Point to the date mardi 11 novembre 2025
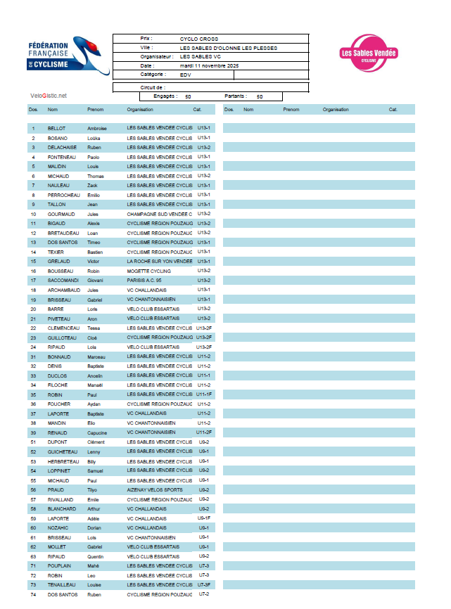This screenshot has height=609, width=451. pos(209,65)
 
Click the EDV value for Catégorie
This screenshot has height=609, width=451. pos(186,75)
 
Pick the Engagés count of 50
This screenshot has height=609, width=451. pos(188,96)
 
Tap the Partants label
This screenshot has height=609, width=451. pos(235,96)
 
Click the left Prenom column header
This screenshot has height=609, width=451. pos(95,110)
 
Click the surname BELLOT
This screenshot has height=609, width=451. pos(56,129)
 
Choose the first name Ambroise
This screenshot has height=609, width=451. pos(97,129)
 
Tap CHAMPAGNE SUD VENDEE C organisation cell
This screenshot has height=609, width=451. pos(159,214)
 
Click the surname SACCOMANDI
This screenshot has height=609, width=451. pos(63,280)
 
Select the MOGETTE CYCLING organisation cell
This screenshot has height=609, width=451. pos(148,271)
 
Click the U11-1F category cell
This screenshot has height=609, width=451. pos(204,395)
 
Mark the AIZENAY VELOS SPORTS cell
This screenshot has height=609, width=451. pos(154,489)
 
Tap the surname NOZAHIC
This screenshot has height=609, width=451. pos(58,527)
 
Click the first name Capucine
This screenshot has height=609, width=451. pos(98,432)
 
